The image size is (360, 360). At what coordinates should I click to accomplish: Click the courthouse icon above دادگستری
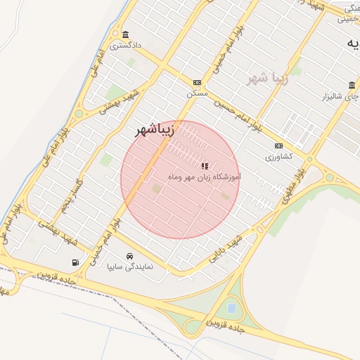pos(125,35)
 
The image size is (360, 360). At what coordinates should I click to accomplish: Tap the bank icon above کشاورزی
pos(278,146)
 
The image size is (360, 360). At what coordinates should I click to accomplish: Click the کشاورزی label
pos(278,157)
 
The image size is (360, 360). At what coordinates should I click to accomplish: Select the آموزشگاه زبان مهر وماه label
pos(205,178)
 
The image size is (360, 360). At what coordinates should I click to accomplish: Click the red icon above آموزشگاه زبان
pos(205,167)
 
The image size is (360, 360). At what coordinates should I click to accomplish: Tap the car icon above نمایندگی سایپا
pos(129,257)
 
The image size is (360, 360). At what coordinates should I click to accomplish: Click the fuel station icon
pos(75,262)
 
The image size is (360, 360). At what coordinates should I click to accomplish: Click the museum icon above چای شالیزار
pos(352,85)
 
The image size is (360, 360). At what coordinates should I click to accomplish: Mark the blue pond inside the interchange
pos(231,307)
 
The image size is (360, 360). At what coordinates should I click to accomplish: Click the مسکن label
pos(196,93)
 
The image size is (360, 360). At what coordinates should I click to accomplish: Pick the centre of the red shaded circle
pos(180,180)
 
